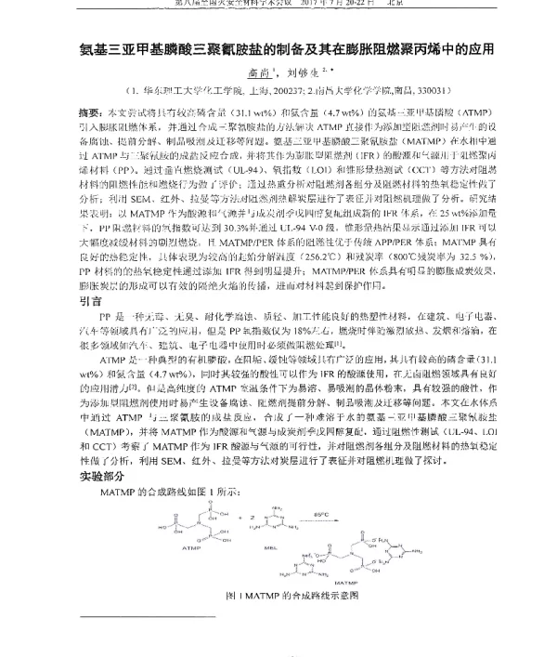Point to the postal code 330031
[433, 91]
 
